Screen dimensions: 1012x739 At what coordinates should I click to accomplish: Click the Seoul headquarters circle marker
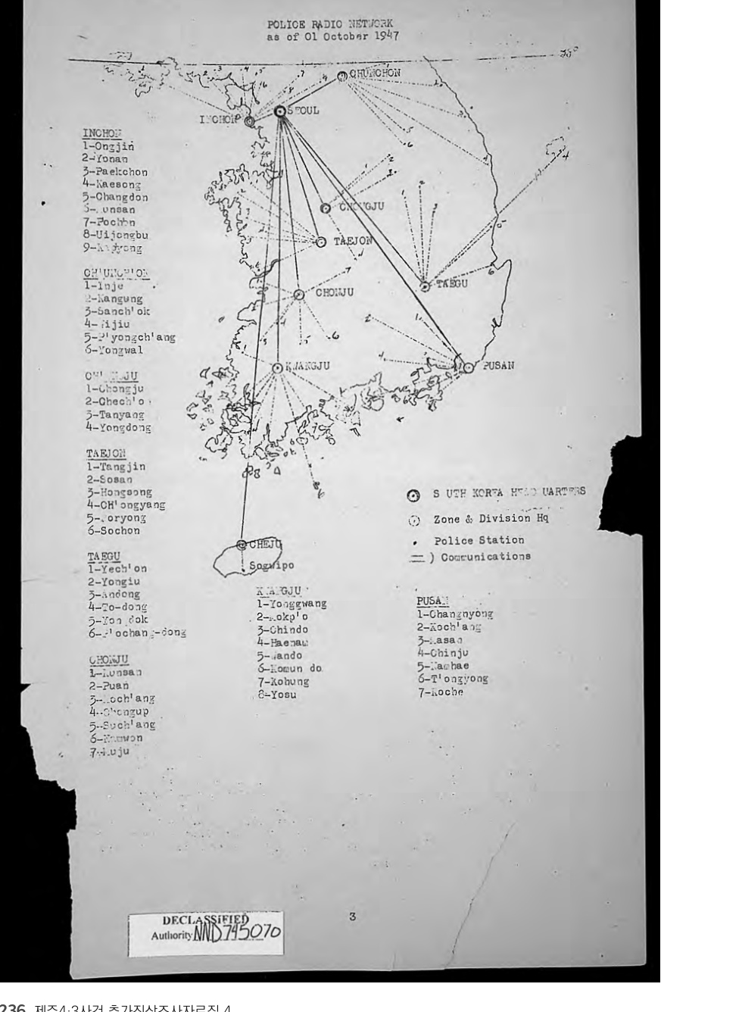tap(280, 111)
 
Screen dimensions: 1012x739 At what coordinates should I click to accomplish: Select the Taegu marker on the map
tap(425, 286)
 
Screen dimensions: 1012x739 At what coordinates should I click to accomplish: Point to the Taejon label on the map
tap(353, 241)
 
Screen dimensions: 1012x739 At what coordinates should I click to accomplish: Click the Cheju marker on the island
tap(242, 545)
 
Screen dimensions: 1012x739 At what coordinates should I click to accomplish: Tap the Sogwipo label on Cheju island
tap(272, 565)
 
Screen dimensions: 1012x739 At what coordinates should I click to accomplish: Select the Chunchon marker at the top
tap(341, 75)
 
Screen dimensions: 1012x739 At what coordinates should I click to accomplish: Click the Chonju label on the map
tap(335, 292)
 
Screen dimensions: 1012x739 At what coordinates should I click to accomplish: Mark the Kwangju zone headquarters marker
tap(277, 368)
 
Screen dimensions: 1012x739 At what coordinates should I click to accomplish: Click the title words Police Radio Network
tap(330, 24)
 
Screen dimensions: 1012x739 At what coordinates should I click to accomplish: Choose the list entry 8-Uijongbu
tap(115, 235)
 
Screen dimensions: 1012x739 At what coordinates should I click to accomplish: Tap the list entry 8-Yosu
tap(277, 695)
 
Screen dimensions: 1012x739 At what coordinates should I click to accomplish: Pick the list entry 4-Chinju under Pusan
tap(443, 653)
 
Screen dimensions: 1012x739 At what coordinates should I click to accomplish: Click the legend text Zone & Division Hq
tap(491, 519)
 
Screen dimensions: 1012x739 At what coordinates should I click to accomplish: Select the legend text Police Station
tap(479, 540)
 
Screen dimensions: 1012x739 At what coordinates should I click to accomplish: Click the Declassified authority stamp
tap(205, 928)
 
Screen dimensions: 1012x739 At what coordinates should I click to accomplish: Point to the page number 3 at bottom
tap(352, 917)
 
